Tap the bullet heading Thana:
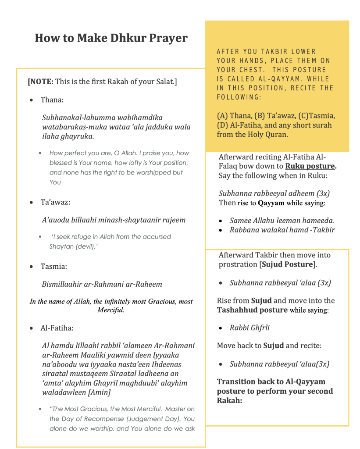(x=52, y=100)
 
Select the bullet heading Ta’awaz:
(x=55, y=202)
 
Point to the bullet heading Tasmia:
(x=54, y=266)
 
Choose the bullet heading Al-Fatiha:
(x=57, y=328)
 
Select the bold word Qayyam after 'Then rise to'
(x=271, y=203)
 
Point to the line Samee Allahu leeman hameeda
(x=282, y=221)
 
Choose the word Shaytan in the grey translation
(x=61, y=246)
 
